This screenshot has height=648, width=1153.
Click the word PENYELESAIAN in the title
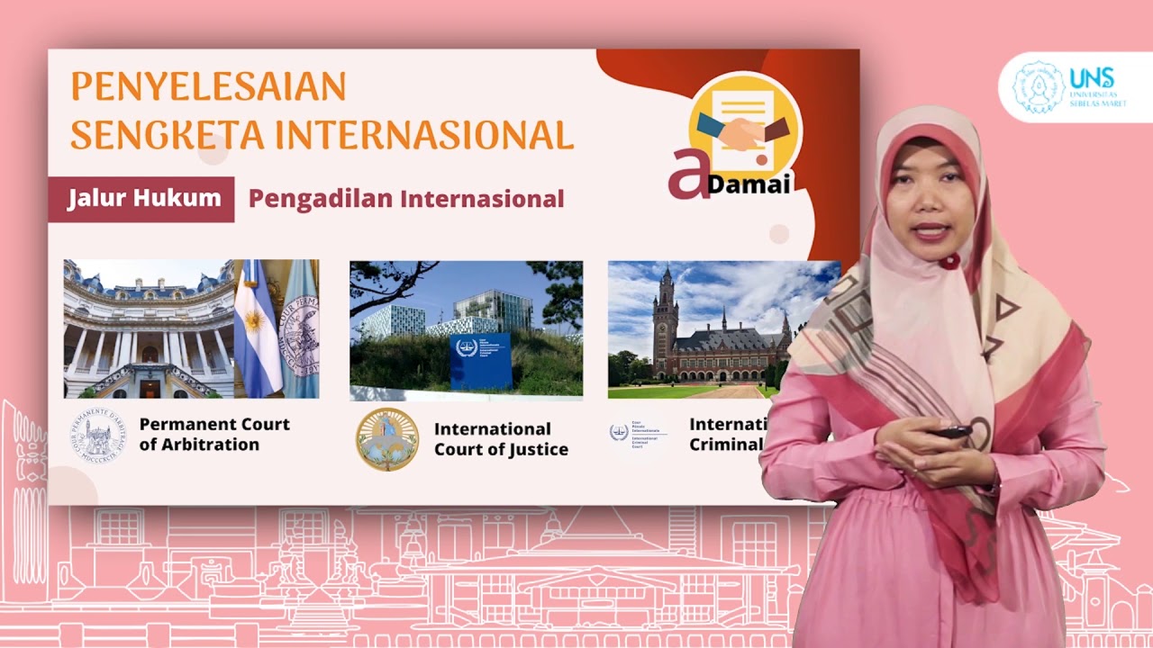click(208, 86)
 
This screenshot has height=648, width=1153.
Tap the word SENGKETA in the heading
click(168, 135)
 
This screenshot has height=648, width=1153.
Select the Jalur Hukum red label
click(144, 199)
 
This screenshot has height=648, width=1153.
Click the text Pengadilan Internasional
click(406, 199)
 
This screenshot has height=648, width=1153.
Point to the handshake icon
click(743, 130)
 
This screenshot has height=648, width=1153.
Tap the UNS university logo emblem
click(1039, 87)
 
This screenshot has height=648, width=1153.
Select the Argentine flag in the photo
click(257, 328)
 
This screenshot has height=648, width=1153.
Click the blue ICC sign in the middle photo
click(479, 360)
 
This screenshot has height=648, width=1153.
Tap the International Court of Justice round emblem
click(387, 439)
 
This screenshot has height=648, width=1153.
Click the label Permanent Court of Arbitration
click(214, 435)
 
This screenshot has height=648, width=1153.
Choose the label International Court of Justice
click(501, 439)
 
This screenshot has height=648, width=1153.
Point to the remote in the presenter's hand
click(950, 432)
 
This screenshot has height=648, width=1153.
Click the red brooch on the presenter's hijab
click(949, 261)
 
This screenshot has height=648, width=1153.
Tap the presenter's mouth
click(931, 230)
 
